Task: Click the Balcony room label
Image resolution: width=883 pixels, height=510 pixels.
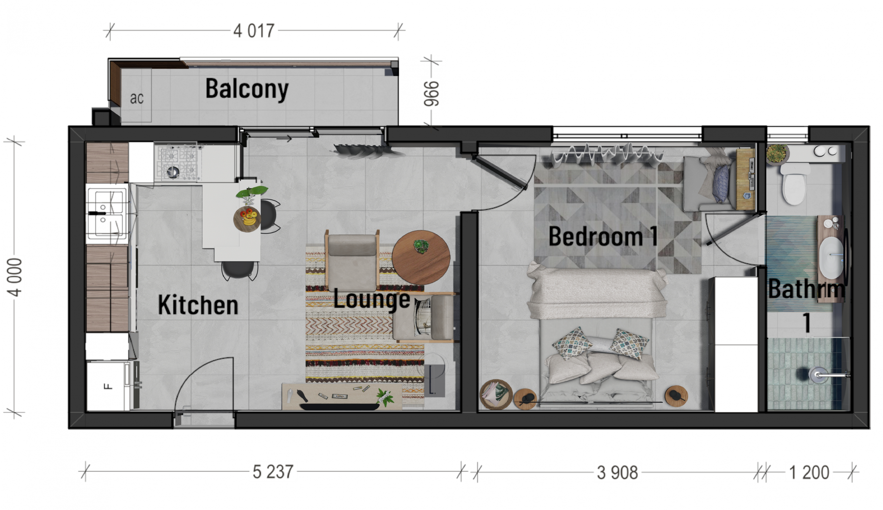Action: pyautogui.click(x=247, y=89)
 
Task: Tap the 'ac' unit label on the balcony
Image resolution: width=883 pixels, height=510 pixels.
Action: pyautogui.click(x=137, y=98)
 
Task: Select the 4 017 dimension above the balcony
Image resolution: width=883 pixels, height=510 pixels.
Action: pyautogui.click(x=254, y=31)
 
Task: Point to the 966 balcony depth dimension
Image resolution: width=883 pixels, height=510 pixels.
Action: pyautogui.click(x=431, y=94)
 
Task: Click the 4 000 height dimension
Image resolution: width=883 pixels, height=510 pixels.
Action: pyautogui.click(x=15, y=277)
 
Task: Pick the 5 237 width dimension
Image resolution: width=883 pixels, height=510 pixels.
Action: pyautogui.click(x=273, y=472)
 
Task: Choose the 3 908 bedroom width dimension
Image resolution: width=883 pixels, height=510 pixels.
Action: pyautogui.click(x=617, y=472)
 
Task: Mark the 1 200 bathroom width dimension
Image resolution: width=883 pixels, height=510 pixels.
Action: pyautogui.click(x=809, y=472)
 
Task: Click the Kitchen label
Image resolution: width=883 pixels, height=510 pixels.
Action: pyautogui.click(x=198, y=305)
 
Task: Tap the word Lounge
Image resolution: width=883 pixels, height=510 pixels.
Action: pyautogui.click(x=371, y=300)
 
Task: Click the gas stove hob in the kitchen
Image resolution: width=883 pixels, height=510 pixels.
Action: pyautogui.click(x=178, y=163)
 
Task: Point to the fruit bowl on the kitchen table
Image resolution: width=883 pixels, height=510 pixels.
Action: pyautogui.click(x=247, y=219)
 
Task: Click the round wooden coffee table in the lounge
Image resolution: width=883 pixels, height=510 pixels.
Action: pyautogui.click(x=421, y=258)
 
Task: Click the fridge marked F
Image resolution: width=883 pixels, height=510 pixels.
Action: pyautogui.click(x=108, y=386)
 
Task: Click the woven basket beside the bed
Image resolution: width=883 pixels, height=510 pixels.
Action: pyautogui.click(x=496, y=395)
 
